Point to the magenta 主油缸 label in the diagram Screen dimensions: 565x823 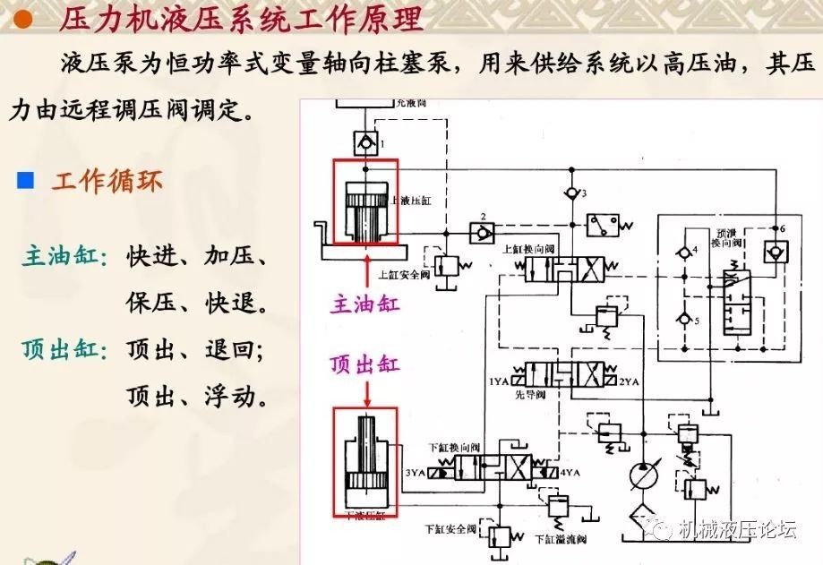(x=365, y=304)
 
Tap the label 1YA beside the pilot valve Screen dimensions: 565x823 (x=498, y=382)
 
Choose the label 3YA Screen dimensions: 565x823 (x=414, y=472)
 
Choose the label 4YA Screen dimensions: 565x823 (x=570, y=472)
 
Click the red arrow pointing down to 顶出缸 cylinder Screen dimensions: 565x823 (x=365, y=391)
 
